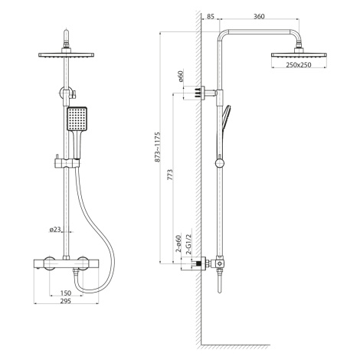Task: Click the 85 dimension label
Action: [210, 16]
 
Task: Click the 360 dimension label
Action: [259, 16]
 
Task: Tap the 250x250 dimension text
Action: [299, 65]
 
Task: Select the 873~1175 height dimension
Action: [158, 147]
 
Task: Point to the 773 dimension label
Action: [170, 175]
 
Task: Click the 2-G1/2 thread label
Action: [188, 244]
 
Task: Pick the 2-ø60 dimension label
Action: [178, 244]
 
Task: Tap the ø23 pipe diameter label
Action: [55, 230]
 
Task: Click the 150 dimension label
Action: [66, 293]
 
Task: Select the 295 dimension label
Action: [66, 301]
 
